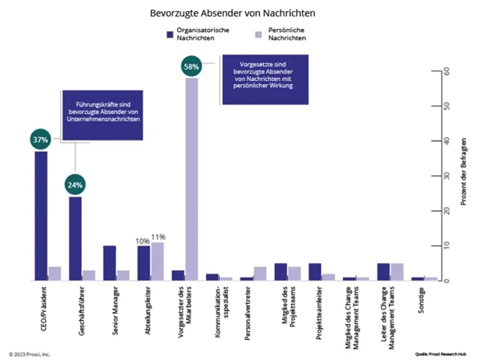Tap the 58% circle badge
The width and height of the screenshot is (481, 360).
click(x=191, y=67)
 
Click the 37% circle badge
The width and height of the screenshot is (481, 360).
click(x=41, y=140)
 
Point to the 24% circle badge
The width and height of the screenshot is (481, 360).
click(x=75, y=185)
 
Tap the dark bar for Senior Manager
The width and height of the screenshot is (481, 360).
click(x=110, y=263)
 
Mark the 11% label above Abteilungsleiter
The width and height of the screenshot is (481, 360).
click(x=157, y=237)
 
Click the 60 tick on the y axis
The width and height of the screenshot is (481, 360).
click(x=435, y=71)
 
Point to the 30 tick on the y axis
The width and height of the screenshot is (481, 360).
click(x=435, y=176)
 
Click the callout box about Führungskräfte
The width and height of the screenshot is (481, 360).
click(x=102, y=113)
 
